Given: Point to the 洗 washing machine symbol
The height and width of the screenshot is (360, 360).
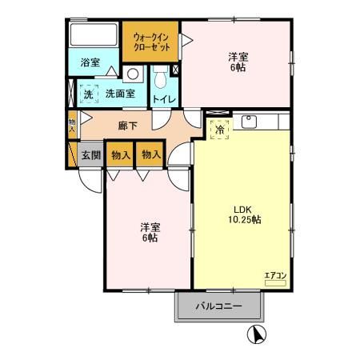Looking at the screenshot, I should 89,94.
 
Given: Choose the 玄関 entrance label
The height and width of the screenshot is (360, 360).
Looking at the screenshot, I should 90,155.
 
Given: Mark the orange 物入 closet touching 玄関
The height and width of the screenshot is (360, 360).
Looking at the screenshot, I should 120,155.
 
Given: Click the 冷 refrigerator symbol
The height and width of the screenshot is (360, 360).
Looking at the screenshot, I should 218,128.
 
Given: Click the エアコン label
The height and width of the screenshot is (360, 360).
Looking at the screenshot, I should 275,276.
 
